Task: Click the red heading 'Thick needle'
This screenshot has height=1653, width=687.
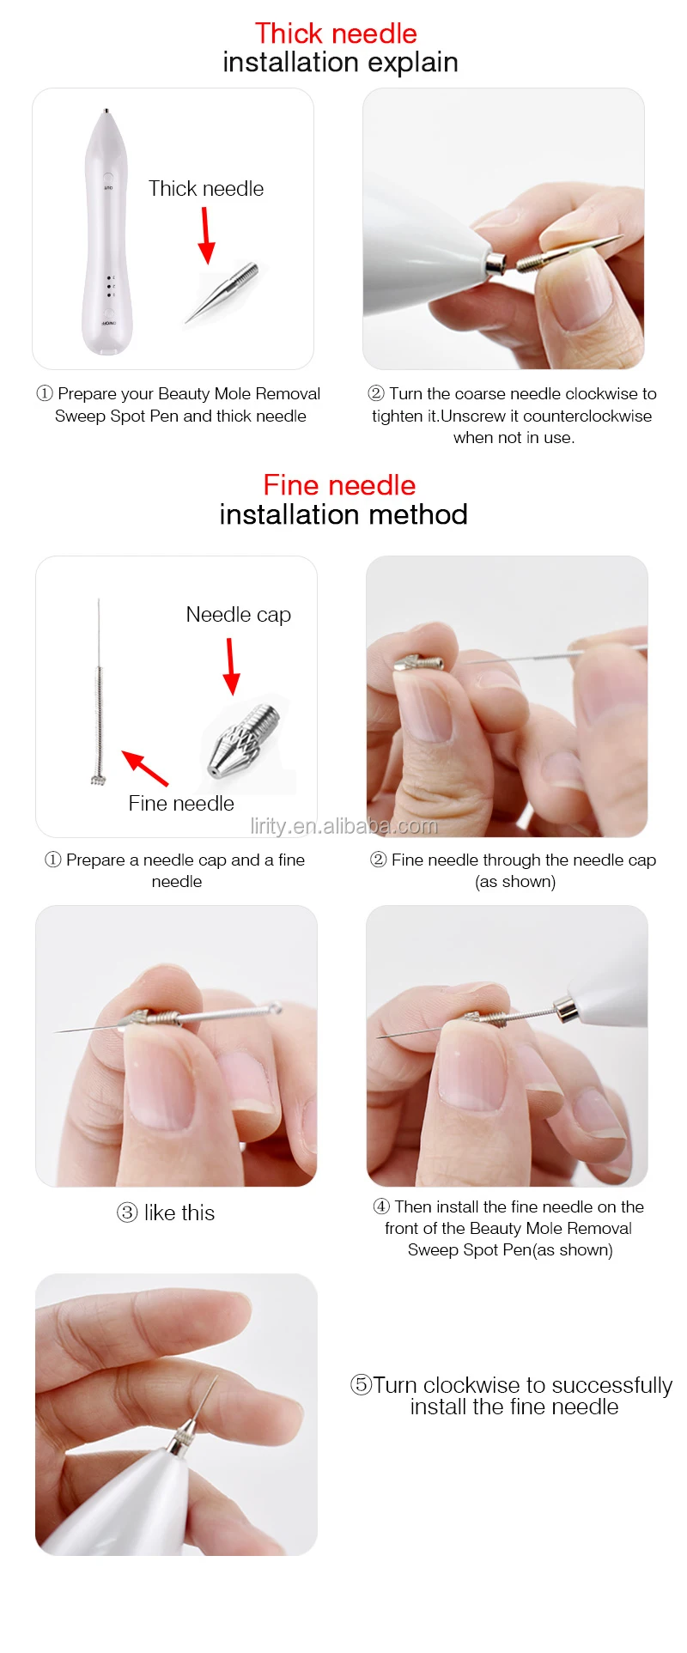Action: tap(336, 33)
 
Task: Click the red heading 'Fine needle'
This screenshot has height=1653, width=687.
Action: tap(339, 485)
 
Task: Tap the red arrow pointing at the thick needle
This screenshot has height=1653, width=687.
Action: tap(205, 235)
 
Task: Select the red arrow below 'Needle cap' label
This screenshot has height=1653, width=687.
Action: tap(230, 665)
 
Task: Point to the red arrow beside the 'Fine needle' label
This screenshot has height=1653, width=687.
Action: tap(144, 768)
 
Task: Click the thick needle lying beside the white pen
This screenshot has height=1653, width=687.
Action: tap(222, 293)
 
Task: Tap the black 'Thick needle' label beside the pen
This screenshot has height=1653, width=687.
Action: tap(206, 189)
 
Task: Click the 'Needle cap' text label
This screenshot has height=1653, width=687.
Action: tap(239, 615)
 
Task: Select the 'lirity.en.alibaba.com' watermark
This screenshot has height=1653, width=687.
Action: tap(343, 826)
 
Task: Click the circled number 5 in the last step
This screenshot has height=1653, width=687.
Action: tap(361, 1385)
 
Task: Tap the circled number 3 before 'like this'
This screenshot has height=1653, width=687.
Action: tap(127, 1212)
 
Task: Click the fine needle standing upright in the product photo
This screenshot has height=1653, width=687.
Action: tap(99, 691)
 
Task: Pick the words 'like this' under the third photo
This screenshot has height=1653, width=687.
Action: tap(179, 1212)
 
